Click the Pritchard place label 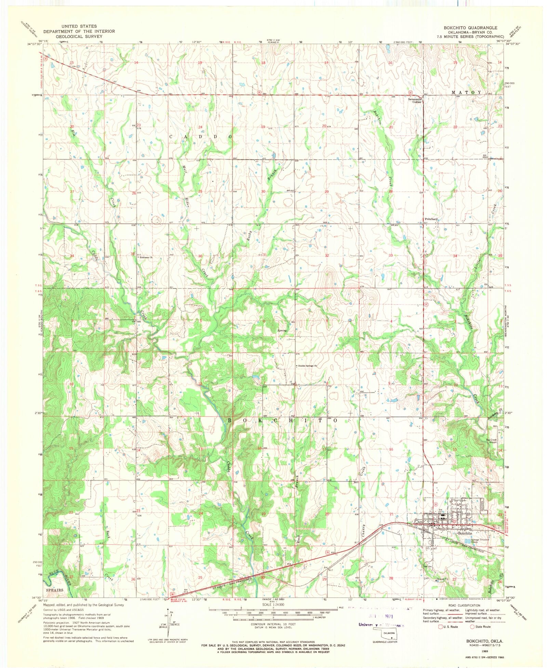[x=431, y=219]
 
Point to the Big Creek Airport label [x=491, y=441]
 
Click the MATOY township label [x=466, y=92]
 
